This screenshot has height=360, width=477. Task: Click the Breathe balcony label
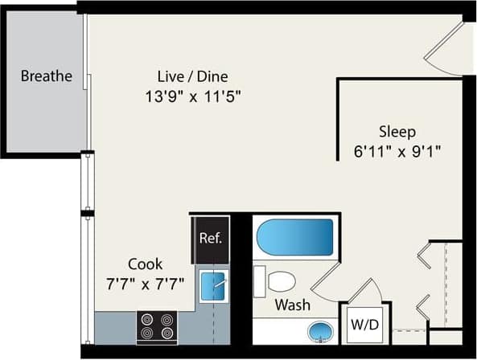(x=46, y=77)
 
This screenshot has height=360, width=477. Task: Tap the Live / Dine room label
(x=193, y=77)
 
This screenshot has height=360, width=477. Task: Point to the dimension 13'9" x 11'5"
(x=193, y=95)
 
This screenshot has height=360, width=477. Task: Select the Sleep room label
(x=397, y=132)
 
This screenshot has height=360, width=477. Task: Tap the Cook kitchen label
(x=145, y=264)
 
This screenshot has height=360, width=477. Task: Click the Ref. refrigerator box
(x=210, y=239)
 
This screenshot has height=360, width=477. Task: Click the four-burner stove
(x=156, y=327)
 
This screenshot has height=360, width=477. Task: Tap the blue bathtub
(x=294, y=237)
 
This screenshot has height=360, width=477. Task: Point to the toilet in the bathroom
(x=275, y=281)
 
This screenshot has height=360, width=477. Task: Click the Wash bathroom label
(x=293, y=305)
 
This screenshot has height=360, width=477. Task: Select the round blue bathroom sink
(x=320, y=331)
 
